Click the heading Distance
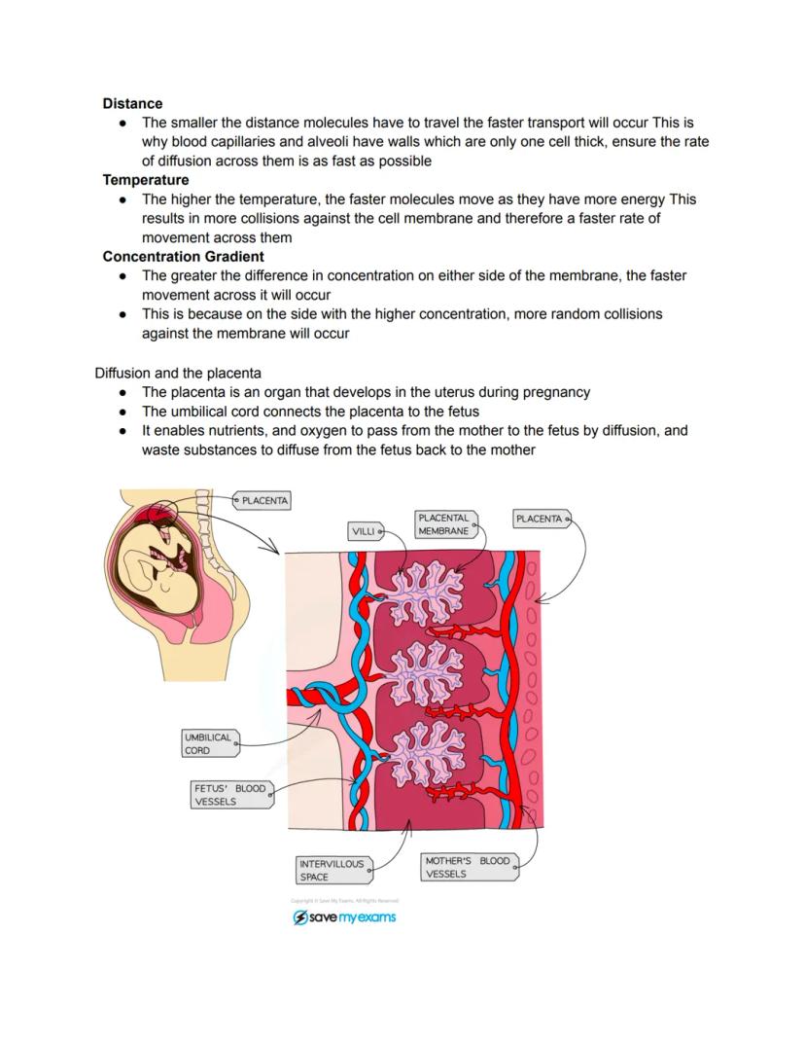[132, 103]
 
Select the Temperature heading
[146, 180]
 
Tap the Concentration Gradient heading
[183, 257]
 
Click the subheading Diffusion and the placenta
[177, 373]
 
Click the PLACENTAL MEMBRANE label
[444, 524]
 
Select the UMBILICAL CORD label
[209, 743]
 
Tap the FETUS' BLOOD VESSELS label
[230, 795]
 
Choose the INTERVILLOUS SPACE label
[332, 870]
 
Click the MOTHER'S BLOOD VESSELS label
[468, 867]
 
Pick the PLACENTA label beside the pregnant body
[263, 500]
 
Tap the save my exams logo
[344, 917]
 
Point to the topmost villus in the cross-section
[422, 593]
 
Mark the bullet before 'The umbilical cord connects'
[123, 412]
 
